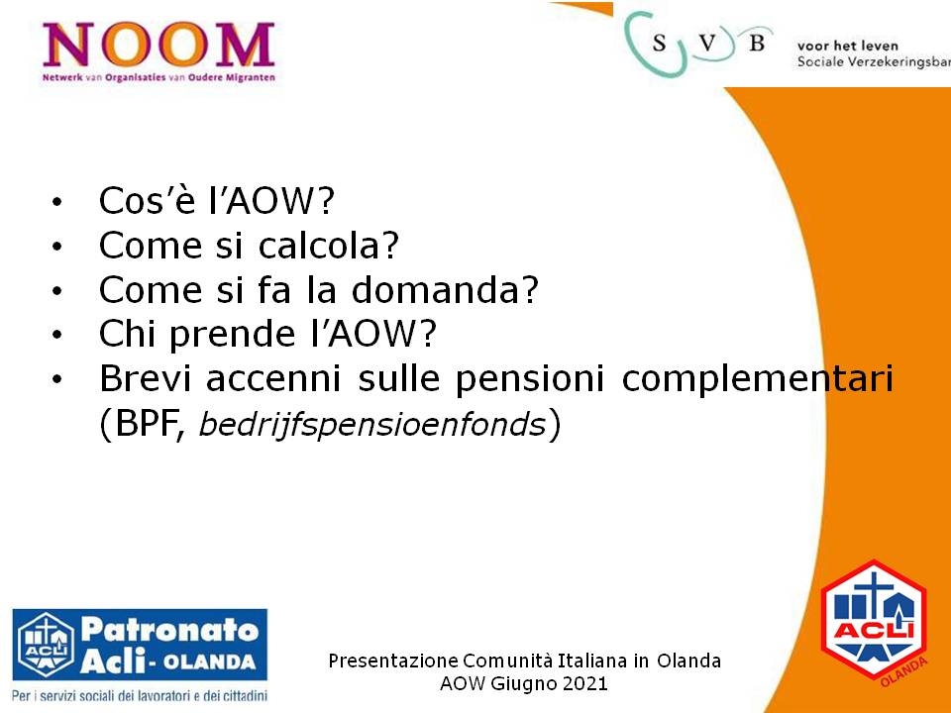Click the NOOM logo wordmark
(x=158, y=45)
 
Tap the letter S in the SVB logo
(x=660, y=43)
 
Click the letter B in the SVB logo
(x=756, y=43)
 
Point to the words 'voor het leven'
(x=847, y=46)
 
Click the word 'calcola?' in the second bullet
(x=329, y=246)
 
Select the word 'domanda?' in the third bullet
(x=445, y=290)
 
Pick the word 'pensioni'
(x=529, y=379)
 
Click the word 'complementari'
(x=758, y=379)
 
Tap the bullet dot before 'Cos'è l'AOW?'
(x=57, y=202)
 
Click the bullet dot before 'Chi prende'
(x=57, y=335)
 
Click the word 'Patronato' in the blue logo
(x=169, y=630)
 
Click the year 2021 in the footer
(x=584, y=684)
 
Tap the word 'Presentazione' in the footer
(x=393, y=661)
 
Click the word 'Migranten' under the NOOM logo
(x=251, y=77)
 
